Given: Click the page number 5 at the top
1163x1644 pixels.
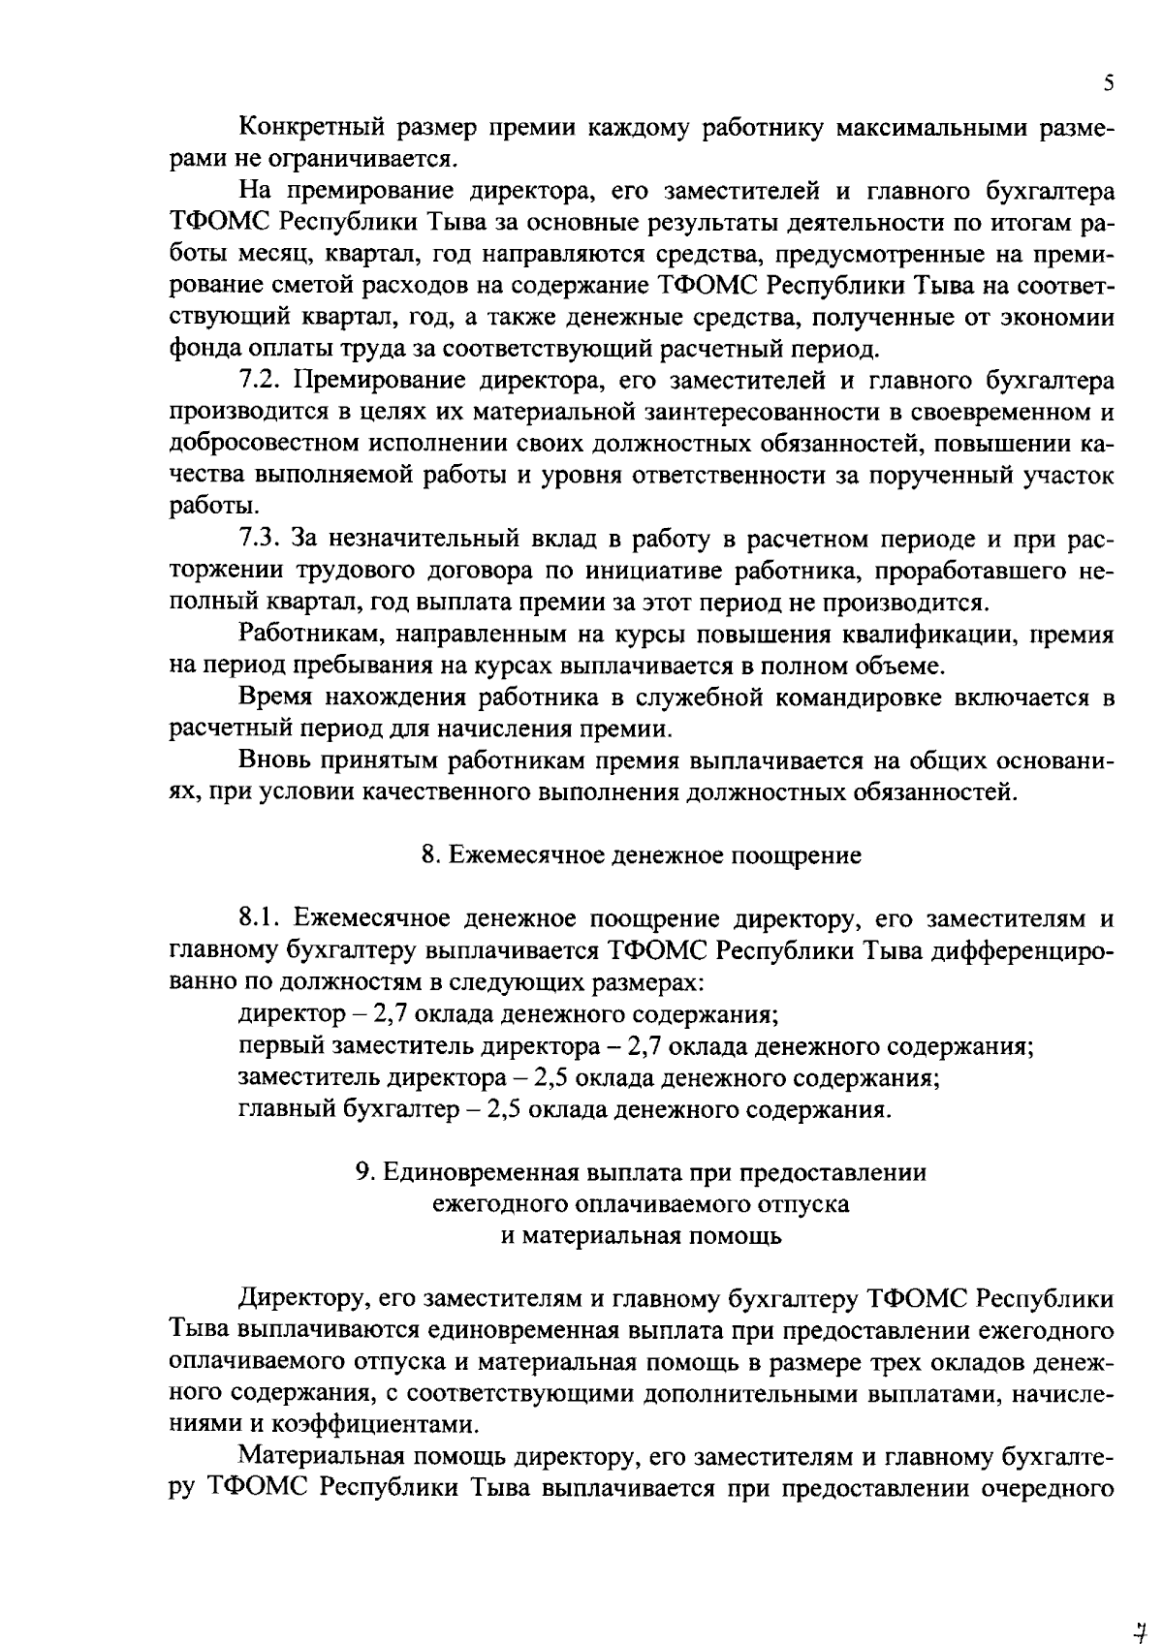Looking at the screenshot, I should point(1109,83).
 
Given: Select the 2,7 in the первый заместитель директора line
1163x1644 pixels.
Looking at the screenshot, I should point(645,1046).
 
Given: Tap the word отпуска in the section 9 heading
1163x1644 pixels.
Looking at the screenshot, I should point(806,1204).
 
